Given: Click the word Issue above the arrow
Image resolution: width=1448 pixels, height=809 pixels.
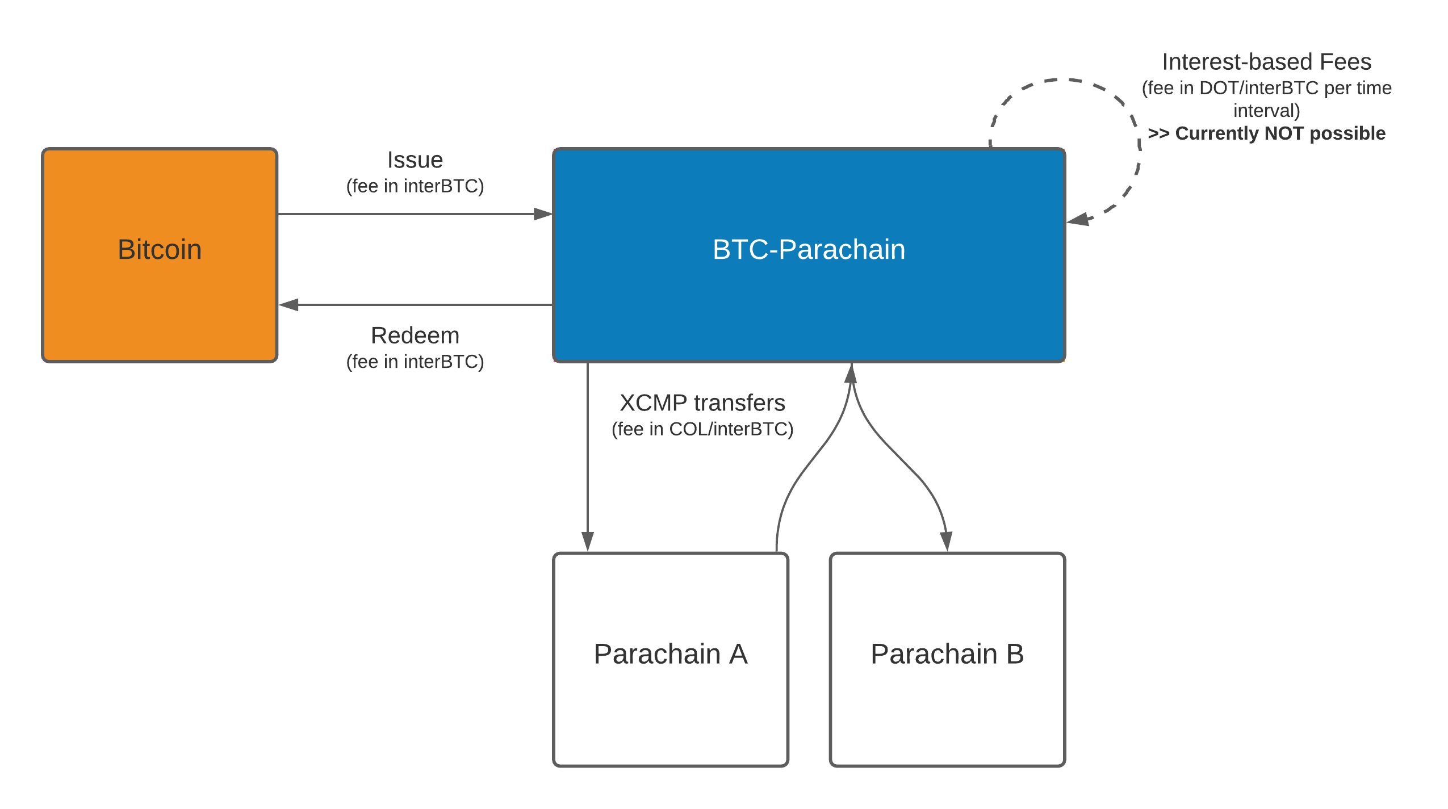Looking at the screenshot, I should (415, 160).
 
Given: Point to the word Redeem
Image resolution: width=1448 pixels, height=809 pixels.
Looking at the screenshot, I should (415, 336).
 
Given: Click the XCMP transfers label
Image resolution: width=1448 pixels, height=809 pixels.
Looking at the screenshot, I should (702, 403).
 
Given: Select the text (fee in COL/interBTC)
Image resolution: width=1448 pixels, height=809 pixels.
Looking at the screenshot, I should (702, 429).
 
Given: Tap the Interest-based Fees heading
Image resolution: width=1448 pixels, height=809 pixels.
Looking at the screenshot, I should (1266, 62).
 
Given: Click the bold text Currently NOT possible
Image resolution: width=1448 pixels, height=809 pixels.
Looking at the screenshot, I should (1280, 133).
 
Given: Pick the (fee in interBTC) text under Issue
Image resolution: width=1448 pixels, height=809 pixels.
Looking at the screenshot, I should (415, 186).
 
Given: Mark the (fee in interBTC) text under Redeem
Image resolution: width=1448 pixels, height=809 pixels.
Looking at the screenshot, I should (415, 362).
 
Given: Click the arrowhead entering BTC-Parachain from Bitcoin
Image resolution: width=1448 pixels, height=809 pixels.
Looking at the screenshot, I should (542, 214).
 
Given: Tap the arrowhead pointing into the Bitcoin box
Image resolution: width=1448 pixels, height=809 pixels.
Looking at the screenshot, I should (289, 305).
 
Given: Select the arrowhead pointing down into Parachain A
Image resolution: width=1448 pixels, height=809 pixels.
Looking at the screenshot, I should (588, 541).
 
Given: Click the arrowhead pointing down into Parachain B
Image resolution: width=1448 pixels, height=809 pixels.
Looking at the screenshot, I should (946, 541).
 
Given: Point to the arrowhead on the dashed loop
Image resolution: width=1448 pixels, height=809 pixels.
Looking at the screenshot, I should (1078, 219).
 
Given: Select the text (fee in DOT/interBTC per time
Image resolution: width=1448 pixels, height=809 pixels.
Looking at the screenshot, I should (1266, 88).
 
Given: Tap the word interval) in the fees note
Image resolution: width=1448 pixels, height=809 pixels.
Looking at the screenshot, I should (1266, 110).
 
